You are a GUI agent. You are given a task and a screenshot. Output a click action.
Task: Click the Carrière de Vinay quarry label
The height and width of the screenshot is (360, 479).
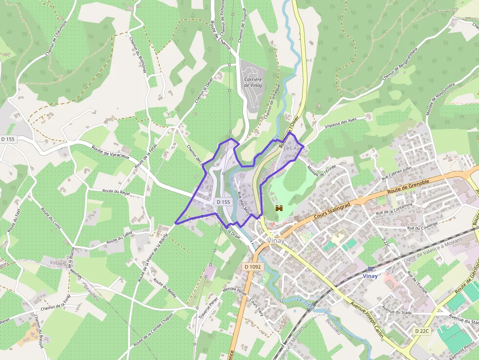[253, 83]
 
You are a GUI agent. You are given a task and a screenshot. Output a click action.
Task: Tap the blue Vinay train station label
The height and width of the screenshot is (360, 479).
[370, 276]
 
